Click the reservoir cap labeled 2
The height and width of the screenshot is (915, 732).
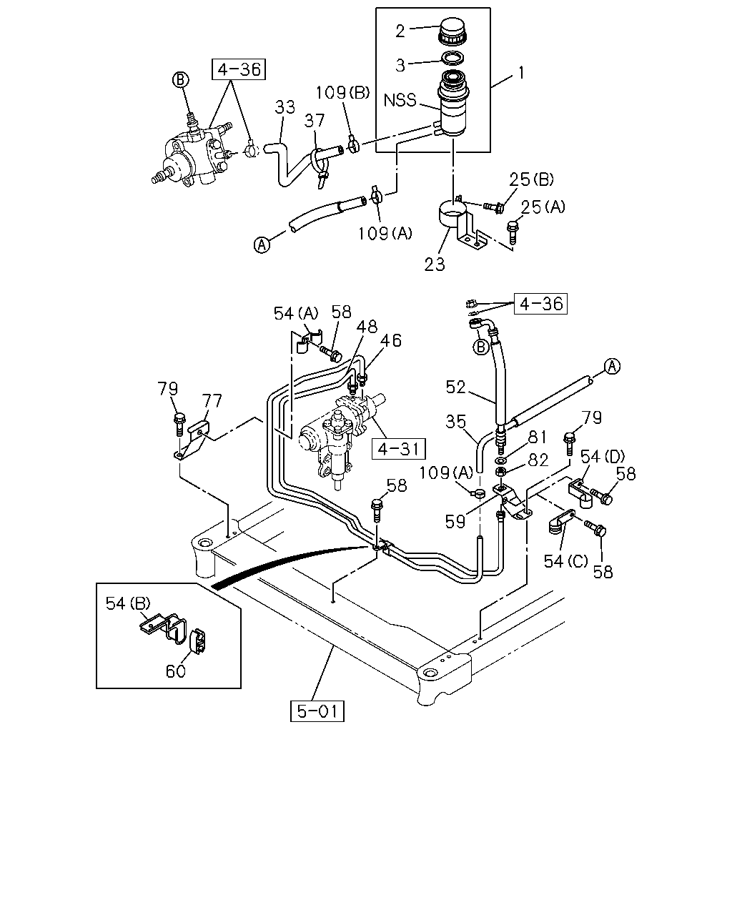pos(451,31)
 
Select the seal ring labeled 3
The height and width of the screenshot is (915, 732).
pos(452,57)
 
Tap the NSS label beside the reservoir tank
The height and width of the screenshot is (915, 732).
pos(400,100)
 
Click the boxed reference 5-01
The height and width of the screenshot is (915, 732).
pos(317,711)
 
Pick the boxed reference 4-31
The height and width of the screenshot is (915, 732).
pos(399,449)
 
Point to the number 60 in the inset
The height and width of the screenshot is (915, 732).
pos(176,671)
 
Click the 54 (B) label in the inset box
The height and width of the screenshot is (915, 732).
pos(128,603)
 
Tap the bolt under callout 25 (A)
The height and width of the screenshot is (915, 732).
pos(513,232)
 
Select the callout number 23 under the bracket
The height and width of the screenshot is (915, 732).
pos(434,264)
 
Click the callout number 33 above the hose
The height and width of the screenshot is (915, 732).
pos(285,107)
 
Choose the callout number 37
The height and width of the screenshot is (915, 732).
pos(315,121)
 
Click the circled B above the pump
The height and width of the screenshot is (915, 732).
pos(180,79)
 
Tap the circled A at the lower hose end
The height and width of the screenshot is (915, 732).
pos(262,245)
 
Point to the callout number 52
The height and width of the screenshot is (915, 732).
pos(456,387)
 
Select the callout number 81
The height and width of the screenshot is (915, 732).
pos(537,437)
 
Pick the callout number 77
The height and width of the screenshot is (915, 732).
pos(212,400)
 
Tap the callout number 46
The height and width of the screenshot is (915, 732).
pos(390,340)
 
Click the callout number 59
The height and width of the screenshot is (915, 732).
pos(455,521)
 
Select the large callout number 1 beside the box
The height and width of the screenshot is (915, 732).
pos(521,73)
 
